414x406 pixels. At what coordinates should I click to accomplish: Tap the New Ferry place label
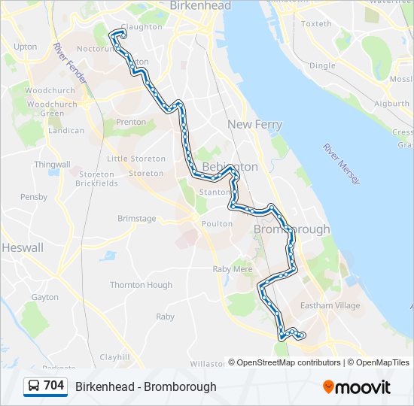[x=255, y=125]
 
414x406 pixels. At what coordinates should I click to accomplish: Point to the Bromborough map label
[x=292, y=229]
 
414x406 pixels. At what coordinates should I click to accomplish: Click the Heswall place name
[x=23, y=247]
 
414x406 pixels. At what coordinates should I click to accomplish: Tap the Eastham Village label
[x=330, y=306]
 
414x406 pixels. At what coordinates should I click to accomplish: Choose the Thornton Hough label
[x=141, y=285]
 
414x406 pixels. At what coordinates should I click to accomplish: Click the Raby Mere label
[x=233, y=268]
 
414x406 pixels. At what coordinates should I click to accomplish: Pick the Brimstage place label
[x=137, y=219]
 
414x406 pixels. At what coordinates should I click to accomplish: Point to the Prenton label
[x=131, y=122]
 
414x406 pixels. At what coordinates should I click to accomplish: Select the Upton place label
[x=25, y=47]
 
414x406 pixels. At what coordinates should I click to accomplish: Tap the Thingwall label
[x=52, y=165]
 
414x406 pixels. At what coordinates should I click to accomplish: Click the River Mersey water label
[x=342, y=164]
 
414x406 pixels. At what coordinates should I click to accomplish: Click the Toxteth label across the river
[x=316, y=24]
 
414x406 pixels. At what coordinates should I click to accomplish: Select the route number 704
[x=54, y=386]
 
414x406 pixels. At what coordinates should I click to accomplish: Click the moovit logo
[x=357, y=386]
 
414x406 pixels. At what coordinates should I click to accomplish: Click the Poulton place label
[x=217, y=223]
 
